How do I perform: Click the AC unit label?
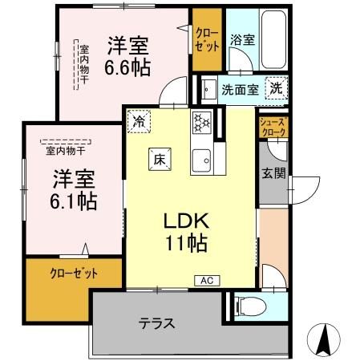(x=205, y=280)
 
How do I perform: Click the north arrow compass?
(x=327, y=339)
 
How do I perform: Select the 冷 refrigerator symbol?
(x=140, y=123)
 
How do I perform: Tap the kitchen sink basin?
(x=200, y=158)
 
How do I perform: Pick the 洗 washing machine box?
(x=276, y=88)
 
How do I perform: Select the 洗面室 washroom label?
(x=240, y=90)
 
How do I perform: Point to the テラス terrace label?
(x=157, y=325)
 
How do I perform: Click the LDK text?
(x=189, y=221)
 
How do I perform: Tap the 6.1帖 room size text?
(x=75, y=199)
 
